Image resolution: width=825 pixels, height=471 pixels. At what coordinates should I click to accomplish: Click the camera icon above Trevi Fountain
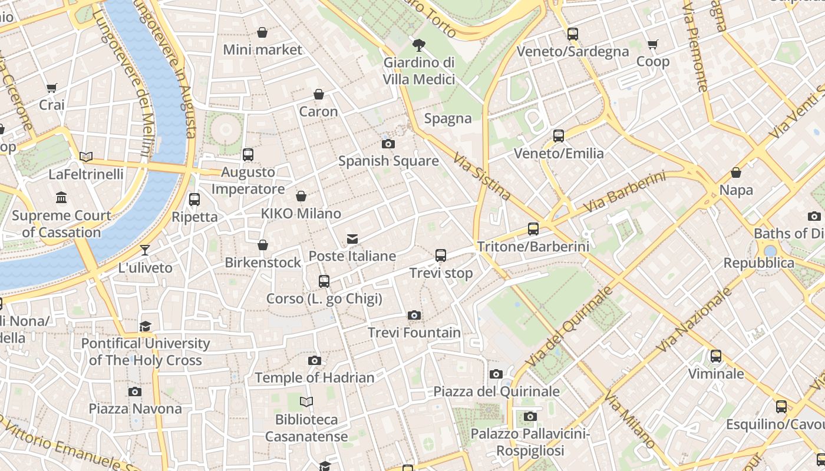[414, 316]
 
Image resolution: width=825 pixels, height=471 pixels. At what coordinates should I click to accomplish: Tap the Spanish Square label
[388, 161]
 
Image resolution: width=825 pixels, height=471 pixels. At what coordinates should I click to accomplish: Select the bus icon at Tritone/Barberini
[533, 229]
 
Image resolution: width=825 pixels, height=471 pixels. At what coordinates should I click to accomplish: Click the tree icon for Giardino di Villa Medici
[419, 45]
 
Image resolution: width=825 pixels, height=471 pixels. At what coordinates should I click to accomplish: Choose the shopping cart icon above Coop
[652, 45]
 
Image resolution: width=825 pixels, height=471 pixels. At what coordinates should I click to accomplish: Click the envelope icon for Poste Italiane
[352, 238]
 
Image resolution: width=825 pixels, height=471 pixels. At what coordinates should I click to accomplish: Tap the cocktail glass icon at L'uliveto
[145, 250]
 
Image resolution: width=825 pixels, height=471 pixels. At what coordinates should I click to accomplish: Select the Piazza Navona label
[135, 409]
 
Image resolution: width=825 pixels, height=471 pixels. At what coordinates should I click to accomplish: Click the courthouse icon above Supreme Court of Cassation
[61, 197]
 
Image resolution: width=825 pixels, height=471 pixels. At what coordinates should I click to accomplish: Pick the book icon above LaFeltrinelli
[86, 157]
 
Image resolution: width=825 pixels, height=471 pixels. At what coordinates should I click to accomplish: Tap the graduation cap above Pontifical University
[145, 326]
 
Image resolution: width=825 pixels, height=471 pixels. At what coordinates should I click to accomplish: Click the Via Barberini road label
[624, 193]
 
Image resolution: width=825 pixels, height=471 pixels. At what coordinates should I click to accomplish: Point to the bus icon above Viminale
[715, 356]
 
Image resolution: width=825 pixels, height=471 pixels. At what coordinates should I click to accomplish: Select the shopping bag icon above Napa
[735, 173]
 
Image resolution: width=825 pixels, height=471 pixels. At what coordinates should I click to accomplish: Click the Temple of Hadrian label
[314, 378]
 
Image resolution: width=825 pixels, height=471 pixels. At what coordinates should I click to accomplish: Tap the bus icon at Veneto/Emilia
[558, 136]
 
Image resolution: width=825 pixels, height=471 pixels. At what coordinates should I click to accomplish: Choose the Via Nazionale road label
[694, 320]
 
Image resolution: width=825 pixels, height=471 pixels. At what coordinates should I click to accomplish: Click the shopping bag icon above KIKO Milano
[301, 196]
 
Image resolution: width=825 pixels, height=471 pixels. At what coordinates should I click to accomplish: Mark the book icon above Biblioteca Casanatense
[306, 402]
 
